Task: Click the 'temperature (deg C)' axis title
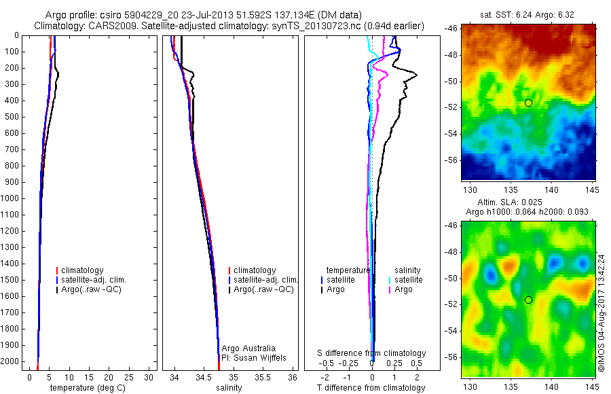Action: (x=86, y=388)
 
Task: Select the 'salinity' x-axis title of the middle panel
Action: (x=227, y=388)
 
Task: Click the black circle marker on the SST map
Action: (x=528, y=103)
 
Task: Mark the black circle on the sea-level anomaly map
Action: (x=528, y=300)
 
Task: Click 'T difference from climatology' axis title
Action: (x=371, y=388)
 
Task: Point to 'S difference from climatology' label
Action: (x=372, y=353)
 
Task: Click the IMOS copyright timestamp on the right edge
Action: (x=601, y=313)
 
